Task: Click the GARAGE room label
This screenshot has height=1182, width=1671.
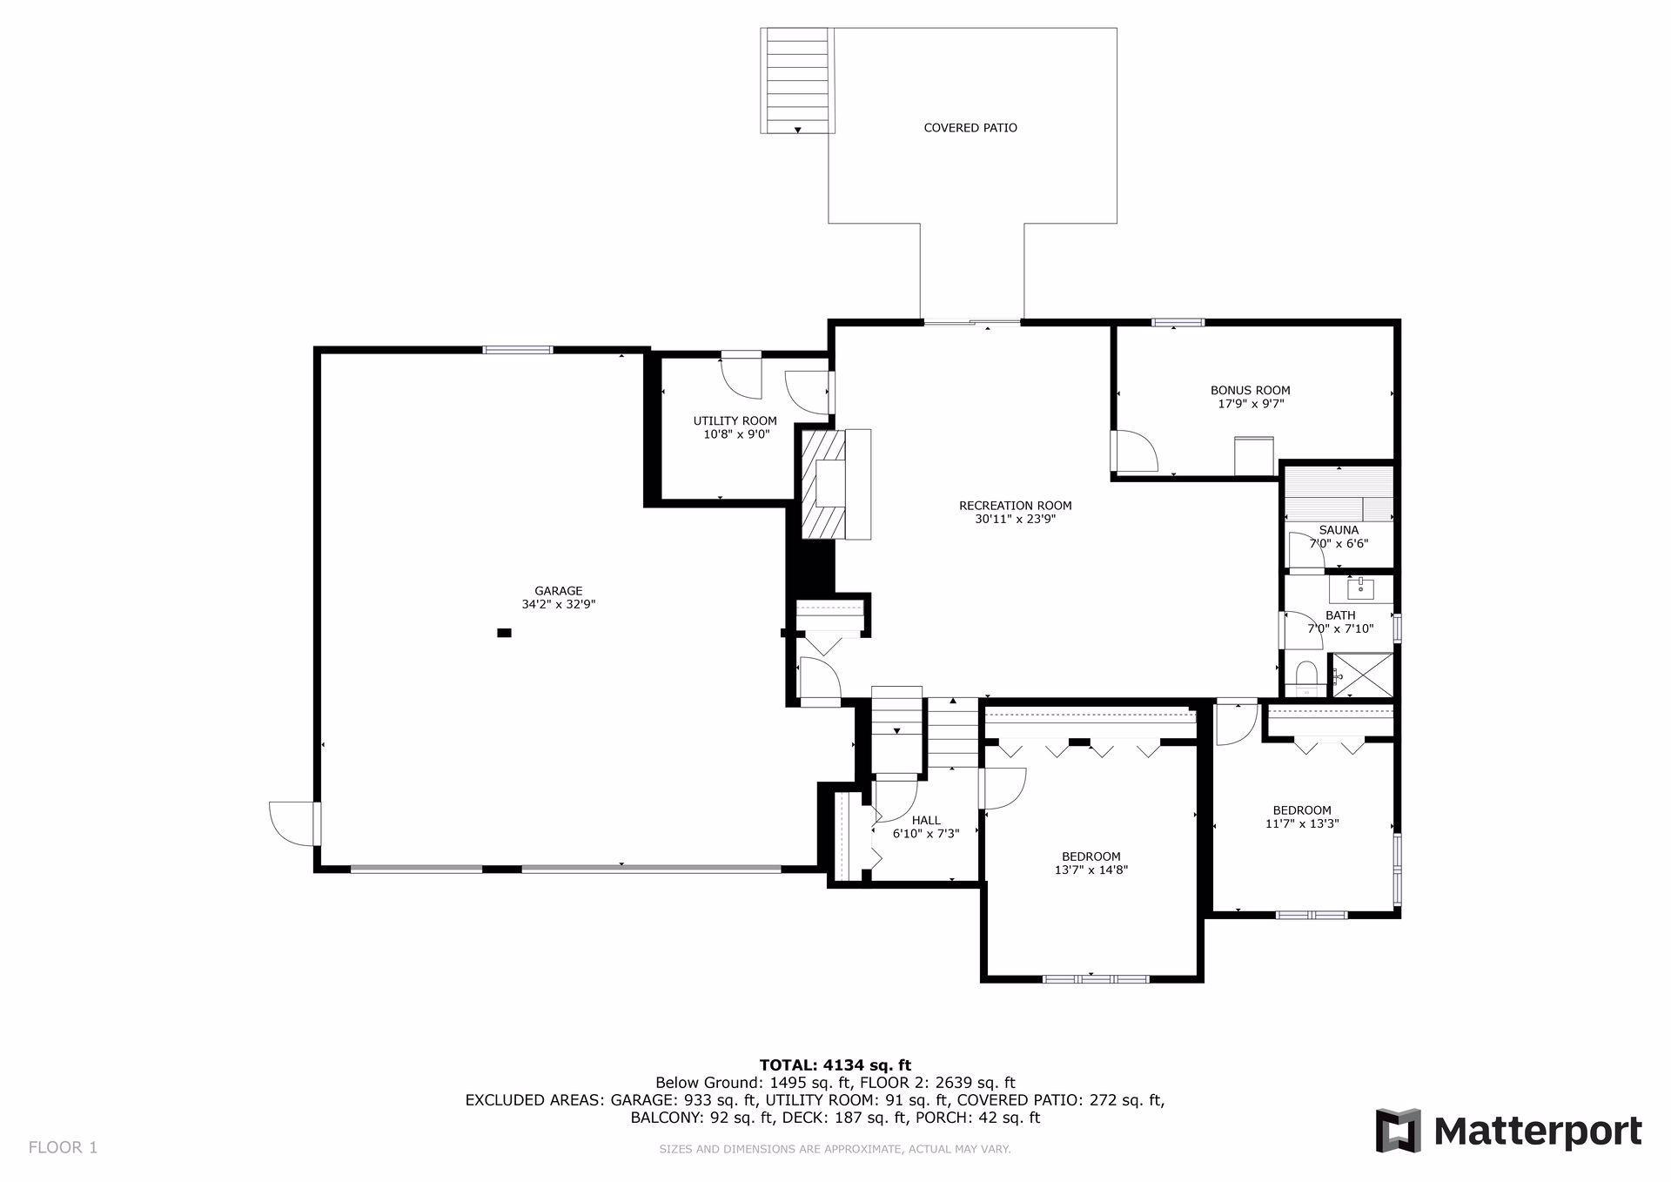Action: click(x=558, y=591)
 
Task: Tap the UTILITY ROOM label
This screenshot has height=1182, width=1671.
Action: click(x=735, y=420)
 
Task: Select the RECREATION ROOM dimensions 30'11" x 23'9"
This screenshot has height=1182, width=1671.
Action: click(x=1015, y=520)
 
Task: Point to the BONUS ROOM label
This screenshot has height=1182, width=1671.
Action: click(x=1250, y=390)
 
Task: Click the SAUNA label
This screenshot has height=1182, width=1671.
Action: click(x=1338, y=529)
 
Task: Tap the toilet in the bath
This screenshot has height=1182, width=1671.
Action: click(x=1305, y=677)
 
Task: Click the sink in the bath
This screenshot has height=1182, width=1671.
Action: click(x=1360, y=588)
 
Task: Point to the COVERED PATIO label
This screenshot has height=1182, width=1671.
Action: click(x=970, y=128)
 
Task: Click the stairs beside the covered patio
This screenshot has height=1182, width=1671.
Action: click(x=796, y=80)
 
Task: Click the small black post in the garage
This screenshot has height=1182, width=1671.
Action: click(x=504, y=633)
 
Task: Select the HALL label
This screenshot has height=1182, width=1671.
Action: click(x=926, y=820)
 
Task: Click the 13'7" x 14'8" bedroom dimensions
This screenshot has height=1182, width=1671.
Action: click(x=1091, y=870)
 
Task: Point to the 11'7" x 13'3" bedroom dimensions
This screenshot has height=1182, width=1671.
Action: click(x=1301, y=823)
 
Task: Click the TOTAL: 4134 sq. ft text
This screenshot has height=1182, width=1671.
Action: click(x=835, y=1064)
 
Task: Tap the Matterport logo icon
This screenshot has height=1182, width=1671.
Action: click(x=1398, y=1131)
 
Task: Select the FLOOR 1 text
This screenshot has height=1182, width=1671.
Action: click(x=63, y=1147)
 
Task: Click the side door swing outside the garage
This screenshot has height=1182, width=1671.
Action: click(x=292, y=823)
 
